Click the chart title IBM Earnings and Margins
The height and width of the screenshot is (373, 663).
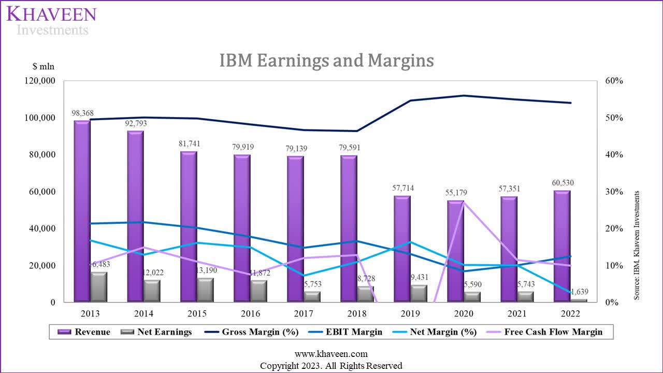coord(326,61)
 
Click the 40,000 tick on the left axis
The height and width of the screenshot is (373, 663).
coord(40,228)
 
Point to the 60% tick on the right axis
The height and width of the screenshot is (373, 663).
coord(613,81)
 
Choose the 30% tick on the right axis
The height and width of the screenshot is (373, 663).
coord(613,192)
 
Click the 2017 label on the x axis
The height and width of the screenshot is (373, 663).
coord(304,313)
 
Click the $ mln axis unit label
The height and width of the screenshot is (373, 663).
coord(43,66)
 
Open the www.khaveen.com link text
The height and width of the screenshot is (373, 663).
coord(331,354)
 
